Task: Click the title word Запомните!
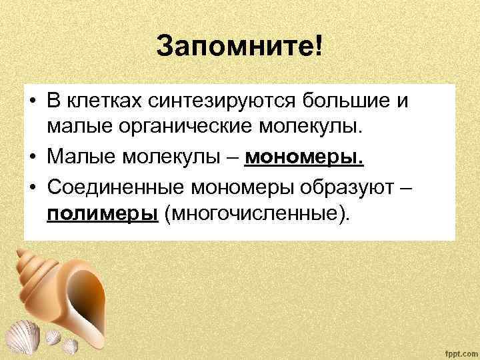click(x=239, y=47)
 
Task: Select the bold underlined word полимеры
click(x=102, y=214)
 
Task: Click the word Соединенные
click(x=114, y=187)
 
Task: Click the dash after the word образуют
click(x=407, y=187)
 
